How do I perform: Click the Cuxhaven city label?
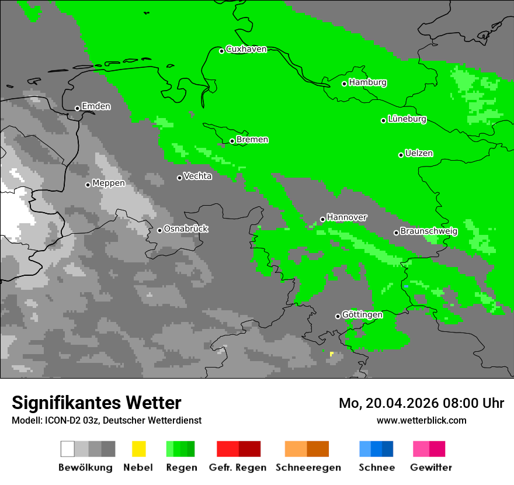pos(246,49)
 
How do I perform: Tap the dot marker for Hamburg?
pos(345,84)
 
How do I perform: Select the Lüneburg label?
pos(407,119)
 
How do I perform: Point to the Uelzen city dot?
pos(401,155)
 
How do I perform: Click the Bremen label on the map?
pos(252,140)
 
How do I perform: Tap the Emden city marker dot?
pos(77,108)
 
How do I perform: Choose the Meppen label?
pos(109,183)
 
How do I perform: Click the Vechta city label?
pos(198,176)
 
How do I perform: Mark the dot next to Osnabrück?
pos(159,230)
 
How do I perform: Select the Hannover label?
pos(347,217)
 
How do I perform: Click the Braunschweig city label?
pos(429,231)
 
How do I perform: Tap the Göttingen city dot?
pos(338,316)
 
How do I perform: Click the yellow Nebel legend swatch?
pos(138,449)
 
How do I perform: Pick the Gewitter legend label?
pos(431,467)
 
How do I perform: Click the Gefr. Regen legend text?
pos(238,467)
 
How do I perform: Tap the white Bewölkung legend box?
pos(67,449)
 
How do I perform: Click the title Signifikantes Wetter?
pos(96,403)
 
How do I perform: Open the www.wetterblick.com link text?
pos(421,421)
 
